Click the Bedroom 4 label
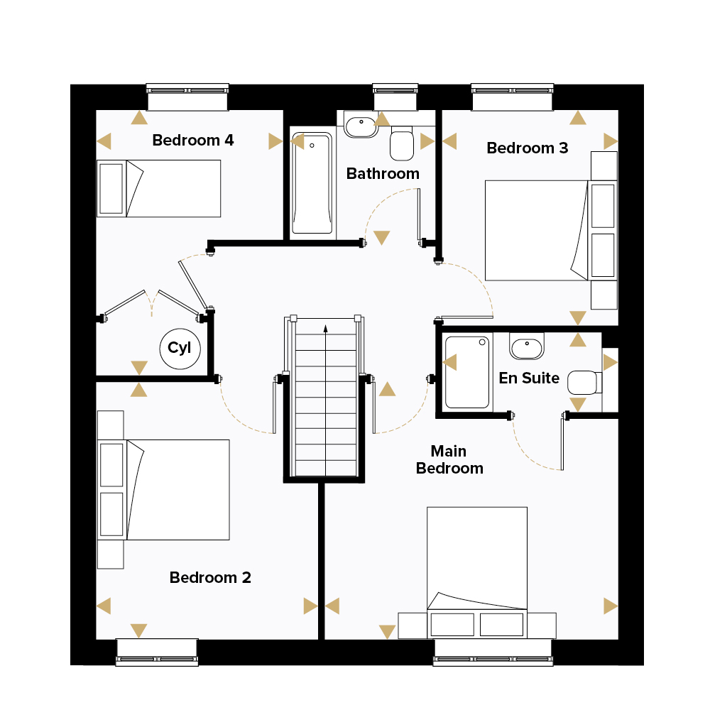(x=193, y=141)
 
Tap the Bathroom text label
(x=383, y=174)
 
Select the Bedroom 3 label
(x=527, y=148)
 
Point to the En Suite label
(x=529, y=378)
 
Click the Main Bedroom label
(x=449, y=459)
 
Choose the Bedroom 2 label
(x=210, y=578)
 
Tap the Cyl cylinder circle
(x=180, y=349)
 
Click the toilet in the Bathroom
(x=402, y=143)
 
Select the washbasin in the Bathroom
(x=361, y=124)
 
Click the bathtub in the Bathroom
(x=312, y=183)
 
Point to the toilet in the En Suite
(x=584, y=383)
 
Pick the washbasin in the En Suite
(x=527, y=346)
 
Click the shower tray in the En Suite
(x=467, y=372)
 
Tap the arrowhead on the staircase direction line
(x=326, y=328)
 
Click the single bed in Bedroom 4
(x=159, y=188)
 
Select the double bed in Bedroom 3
(x=551, y=231)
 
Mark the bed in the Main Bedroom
(x=477, y=573)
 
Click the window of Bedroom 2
(x=157, y=652)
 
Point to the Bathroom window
(x=395, y=97)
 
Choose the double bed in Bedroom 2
(x=163, y=489)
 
